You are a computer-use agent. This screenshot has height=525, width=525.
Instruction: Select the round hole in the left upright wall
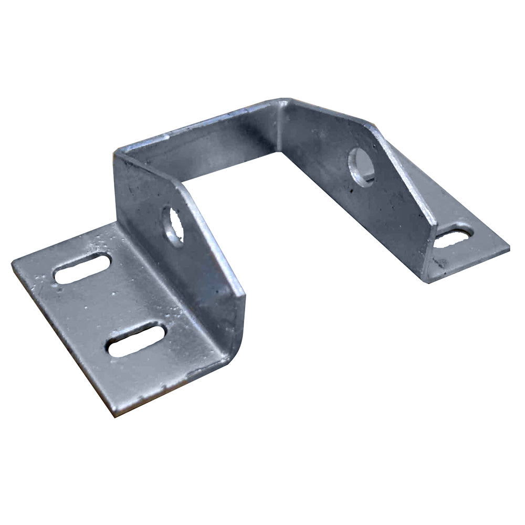point(173,226)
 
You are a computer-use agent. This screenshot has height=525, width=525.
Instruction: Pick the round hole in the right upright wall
point(362,166)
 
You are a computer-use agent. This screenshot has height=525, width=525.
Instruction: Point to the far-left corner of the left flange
point(12,263)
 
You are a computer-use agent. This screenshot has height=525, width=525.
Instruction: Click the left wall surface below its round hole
point(184,278)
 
